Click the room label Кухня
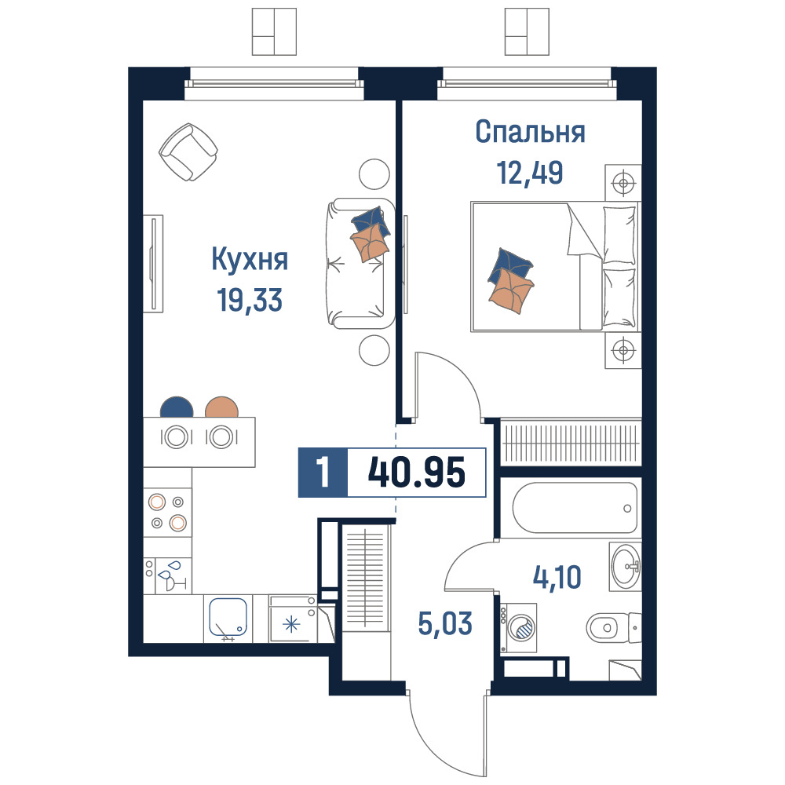click(x=250, y=260)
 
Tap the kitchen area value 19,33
click(x=250, y=300)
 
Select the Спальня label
click(x=530, y=132)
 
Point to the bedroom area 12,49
click(x=530, y=172)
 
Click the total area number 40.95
click(x=417, y=472)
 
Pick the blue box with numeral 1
click(x=323, y=472)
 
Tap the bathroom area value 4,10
click(x=557, y=577)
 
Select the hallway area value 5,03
click(x=445, y=623)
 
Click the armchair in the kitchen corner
click(x=188, y=152)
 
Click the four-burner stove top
click(x=168, y=512)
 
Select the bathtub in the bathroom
click(x=575, y=508)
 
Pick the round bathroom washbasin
click(x=626, y=567)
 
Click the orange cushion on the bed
click(x=511, y=290)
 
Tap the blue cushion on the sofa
click(x=371, y=222)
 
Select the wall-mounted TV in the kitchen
click(x=153, y=264)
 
